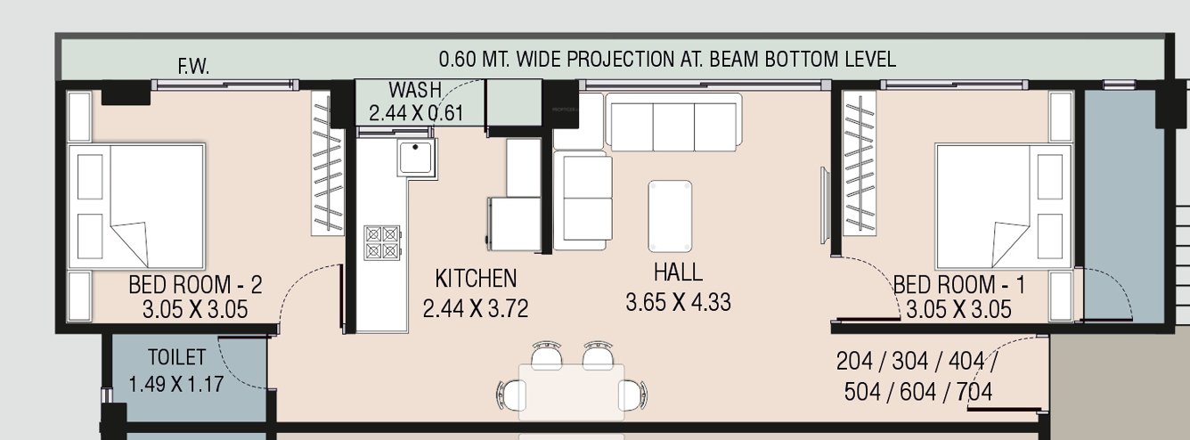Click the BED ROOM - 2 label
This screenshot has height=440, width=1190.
pos(195,286)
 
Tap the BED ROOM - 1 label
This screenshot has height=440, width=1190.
pos(958,286)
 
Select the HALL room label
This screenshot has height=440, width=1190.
pos(677,273)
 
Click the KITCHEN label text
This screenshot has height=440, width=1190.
pos(475,279)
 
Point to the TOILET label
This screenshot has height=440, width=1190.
pos(176,358)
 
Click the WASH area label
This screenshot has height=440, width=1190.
pos(414,90)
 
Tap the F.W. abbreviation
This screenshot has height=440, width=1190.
pos(193,66)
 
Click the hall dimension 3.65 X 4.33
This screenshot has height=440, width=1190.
pos(678,303)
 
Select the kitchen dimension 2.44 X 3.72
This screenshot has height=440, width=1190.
pos(476,309)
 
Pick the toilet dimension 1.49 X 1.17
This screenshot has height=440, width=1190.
pos(175,385)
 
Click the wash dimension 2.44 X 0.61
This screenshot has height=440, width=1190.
pos(417,113)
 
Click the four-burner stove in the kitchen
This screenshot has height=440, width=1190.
pos(382,242)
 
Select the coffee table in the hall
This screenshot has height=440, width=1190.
pos(670,216)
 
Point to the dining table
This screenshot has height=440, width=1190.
pos(571,391)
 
